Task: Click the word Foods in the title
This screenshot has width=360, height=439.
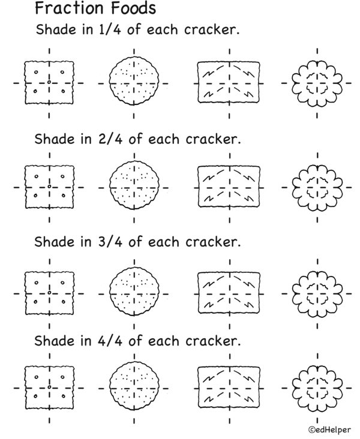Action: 133,8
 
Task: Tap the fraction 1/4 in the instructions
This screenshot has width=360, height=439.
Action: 110,29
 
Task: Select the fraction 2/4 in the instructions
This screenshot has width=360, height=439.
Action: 110,139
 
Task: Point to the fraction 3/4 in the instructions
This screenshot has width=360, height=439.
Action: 110,242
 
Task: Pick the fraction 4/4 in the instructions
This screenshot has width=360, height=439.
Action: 110,341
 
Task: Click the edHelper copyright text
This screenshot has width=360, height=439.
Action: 329,429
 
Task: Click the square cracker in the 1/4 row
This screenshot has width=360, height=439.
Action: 49,83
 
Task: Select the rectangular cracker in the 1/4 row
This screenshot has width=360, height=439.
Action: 229,83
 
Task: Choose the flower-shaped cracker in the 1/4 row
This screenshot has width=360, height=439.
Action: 317,83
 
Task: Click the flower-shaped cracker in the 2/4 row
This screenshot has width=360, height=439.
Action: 317,187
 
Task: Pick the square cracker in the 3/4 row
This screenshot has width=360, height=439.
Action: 50,293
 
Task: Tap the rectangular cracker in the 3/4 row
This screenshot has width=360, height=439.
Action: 229,293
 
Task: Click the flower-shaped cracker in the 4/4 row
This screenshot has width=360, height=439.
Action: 317,388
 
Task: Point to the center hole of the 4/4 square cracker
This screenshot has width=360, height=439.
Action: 49,387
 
